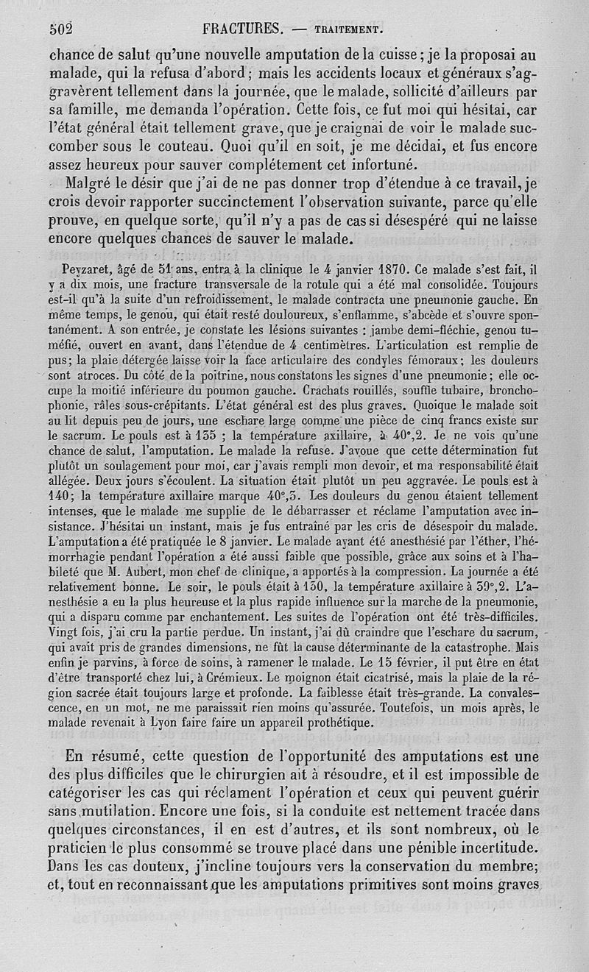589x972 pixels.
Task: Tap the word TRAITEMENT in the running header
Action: tap(347, 31)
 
